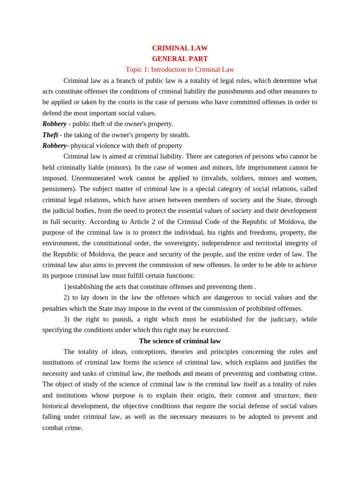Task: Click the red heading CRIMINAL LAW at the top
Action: (180, 48)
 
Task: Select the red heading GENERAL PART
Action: (180, 59)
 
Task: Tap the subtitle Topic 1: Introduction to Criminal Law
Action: (180, 70)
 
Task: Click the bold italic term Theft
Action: (50, 135)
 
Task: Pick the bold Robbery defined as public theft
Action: (54, 124)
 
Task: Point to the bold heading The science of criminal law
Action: (180, 341)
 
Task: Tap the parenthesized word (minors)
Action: (118, 167)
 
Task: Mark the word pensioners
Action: (58, 189)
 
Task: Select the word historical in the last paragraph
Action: (58, 406)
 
